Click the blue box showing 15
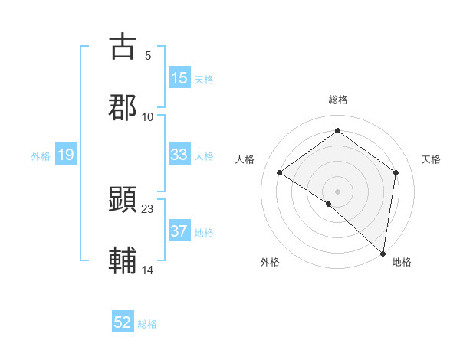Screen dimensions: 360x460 click(179, 78)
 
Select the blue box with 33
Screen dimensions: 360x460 click(179, 155)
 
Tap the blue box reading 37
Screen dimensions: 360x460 click(179, 231)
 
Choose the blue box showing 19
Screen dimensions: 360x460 click(66, 155)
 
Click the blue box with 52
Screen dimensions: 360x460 click(123, 322)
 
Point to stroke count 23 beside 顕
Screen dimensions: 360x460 click(148, 208)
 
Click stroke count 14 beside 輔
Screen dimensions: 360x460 click(148, 270)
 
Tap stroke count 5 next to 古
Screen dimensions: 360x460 click(147, 55)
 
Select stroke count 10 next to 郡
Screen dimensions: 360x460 click(148, 116)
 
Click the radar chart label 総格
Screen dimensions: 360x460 click(337, 100)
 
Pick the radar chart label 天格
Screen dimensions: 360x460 click(431, 159)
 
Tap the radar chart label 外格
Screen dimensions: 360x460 click(270, 262)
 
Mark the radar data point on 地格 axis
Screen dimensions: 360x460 click(383, 252)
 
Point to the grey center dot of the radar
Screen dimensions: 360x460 click(337, 191)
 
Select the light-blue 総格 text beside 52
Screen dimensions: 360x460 click(147, 324)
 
